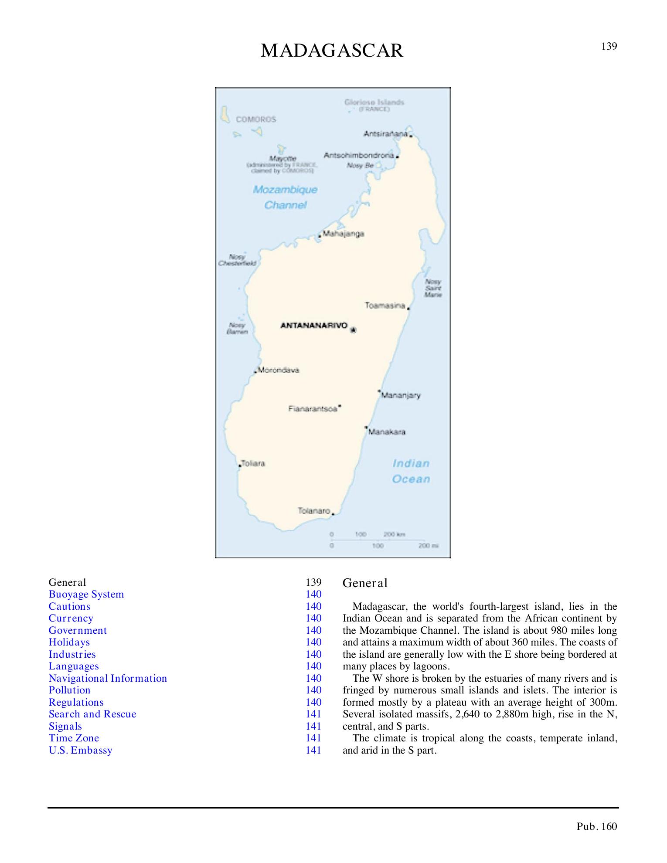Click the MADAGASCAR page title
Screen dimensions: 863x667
coord(332,51)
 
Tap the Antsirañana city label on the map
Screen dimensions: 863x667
coord(386,134)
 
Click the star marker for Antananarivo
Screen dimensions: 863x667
coord(353,330)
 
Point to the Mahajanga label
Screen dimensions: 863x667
coord(343,234)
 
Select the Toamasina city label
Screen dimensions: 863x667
coord(385,306)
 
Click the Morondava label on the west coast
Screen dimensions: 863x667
coord(279,370)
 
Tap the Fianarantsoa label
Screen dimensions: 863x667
coord(313,409)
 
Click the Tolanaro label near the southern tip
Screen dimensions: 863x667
coord(313,510)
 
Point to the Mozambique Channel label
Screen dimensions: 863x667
coord(286,197)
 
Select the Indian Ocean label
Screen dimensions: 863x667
coord(411,471)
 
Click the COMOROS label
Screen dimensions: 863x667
coord(256,119)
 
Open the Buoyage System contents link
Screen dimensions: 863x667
coord(86,595)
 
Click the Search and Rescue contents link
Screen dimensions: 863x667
coord(92,714)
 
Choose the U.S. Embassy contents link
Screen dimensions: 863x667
coord(81,750)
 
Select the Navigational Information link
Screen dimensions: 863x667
coord(108,678)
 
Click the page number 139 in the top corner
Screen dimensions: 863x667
coord(609,46)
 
